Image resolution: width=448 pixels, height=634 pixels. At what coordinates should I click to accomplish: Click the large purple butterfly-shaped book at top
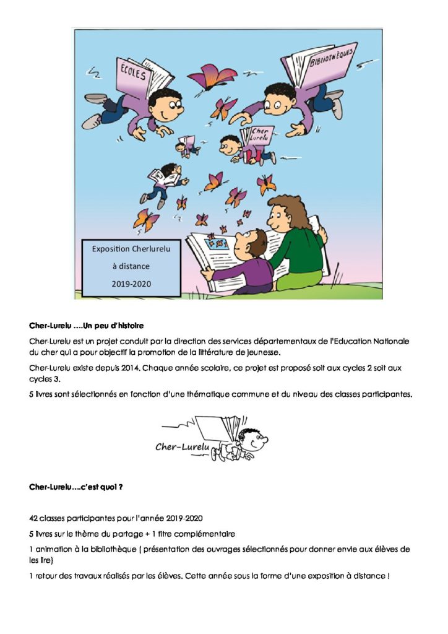[x=212, y=77]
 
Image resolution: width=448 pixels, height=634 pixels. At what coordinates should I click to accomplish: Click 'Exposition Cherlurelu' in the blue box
[x=131, y=249]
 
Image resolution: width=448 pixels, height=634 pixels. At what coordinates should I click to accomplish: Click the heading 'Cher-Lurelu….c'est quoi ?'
[x=75, y=487]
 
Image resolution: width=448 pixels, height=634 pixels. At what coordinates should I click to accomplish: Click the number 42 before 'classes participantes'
[x=34, y=518]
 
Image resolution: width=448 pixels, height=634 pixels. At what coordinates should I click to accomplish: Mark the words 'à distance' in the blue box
[x=131, y=266]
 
